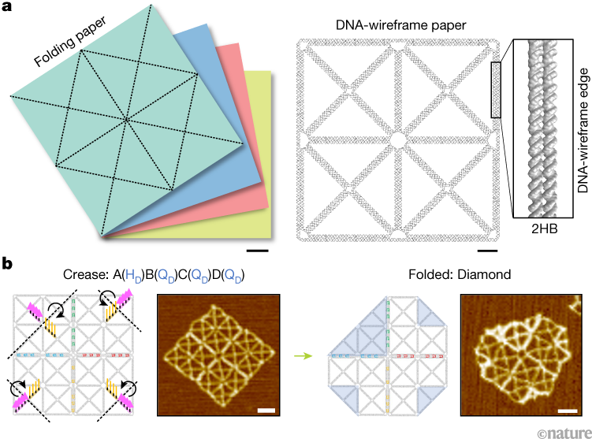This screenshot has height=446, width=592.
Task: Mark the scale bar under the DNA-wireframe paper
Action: [487, 251]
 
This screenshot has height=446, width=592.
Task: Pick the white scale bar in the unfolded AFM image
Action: [266, 409]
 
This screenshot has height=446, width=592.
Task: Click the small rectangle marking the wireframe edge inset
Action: [495, 91]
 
